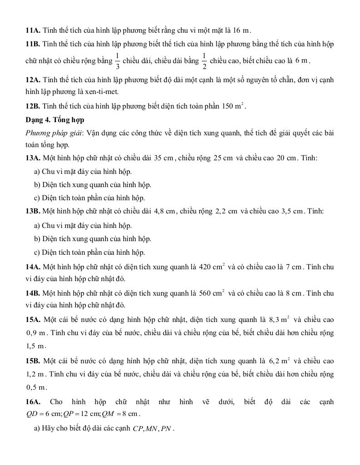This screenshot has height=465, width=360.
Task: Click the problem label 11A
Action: pos(33,30)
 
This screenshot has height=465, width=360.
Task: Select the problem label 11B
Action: pos(33,44)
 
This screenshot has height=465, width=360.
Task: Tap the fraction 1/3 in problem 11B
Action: pos(117,61)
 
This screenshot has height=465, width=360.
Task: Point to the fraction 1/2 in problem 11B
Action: pos(204,61)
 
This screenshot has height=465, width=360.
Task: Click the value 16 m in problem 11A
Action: pos(241,30)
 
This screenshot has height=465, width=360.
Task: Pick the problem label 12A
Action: pos(33,80)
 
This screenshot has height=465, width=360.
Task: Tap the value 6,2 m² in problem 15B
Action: pos(280,361)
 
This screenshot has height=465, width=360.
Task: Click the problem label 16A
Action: pos(33,401)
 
